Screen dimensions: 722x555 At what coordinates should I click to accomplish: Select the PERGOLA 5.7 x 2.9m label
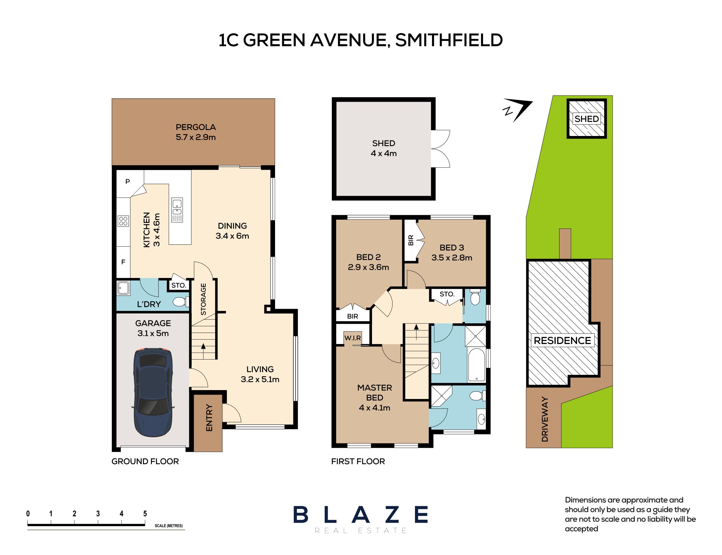pyautogui.click(x=196, y=132)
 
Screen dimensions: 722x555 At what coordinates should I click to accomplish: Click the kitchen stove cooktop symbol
pyautogui.click(x=123, y=221)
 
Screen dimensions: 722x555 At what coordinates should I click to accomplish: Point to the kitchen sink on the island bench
pyautogui.click(x=177, y=210)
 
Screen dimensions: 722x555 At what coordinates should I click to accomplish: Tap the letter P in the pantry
pyautogui.click(x=128, y=181)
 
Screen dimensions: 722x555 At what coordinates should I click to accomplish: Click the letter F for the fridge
pyautogui.click(x=123, y=262)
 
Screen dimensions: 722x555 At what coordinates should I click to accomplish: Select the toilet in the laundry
pyautogui.click(x=181, y=302)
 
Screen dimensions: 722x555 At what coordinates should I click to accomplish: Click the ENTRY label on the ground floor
pyautogui.click(x=209, y=418)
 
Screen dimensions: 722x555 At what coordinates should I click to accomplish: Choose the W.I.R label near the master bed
pyautogui.click(x=352, y=338)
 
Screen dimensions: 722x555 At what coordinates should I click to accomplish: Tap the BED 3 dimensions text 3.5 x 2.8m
pyautogui.click(x=451, y=258)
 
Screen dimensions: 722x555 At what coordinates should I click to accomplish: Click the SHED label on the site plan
pyautogui.click(x=587, y=119)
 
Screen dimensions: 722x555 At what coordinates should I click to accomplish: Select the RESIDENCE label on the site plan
pyautogui.click(x=562, y=341)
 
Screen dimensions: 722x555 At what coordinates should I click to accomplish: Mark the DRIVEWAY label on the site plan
pyautogui.click(x=545, y=419)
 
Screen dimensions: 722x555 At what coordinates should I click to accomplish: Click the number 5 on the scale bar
pyautogui.click(x=145, y=513)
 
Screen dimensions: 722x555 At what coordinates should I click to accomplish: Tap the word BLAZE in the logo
pyautogui.click(x=361, y=515)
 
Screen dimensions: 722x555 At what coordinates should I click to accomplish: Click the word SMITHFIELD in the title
pyautogui.click(x=449, y=40)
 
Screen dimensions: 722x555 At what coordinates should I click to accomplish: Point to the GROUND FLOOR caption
pyautogui.click(x=145, y=461)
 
